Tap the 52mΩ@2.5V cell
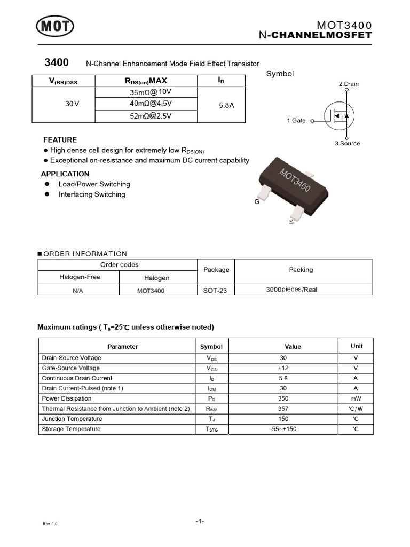151,115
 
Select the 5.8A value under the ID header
226,106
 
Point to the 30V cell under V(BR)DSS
72,104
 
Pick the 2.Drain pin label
349,84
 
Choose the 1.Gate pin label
296,121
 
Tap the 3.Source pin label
347,143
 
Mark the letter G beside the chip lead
257,202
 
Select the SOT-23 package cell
216,290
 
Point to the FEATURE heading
60,140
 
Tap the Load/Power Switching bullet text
94,184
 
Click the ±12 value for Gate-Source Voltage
283,368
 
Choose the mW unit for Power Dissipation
356,398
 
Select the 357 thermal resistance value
283,409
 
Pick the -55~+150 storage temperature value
283,429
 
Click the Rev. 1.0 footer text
50,523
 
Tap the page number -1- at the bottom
200,521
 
